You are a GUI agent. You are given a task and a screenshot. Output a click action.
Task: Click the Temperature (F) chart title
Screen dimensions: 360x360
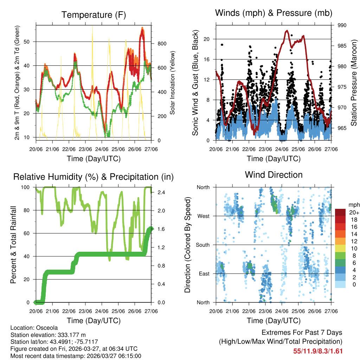click(x=94, y=15)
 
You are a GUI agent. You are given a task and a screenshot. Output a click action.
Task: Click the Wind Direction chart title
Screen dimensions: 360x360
click(x=274, y=175)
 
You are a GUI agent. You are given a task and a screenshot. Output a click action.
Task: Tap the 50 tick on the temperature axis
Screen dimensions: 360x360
click(x=31, y=41)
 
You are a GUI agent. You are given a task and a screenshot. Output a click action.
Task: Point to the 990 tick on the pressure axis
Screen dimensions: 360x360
click(x=342, y=25)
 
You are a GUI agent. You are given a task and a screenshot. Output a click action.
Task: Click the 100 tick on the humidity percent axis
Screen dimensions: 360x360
click(x=28, y=187)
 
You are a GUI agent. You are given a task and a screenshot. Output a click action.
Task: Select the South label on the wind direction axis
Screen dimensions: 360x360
click(x=202, y=245)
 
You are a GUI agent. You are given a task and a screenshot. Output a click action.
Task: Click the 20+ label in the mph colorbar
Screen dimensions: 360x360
click(x=353, y=212)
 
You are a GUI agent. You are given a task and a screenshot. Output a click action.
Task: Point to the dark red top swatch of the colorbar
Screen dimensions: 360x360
click(x=340, y=212)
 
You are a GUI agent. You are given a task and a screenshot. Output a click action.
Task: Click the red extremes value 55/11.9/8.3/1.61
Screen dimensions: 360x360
click(x=318, y=351)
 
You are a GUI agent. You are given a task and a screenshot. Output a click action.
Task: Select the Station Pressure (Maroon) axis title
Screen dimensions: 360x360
click(x=354, y=83)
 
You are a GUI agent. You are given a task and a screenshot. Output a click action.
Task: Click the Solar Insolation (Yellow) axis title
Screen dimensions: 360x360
click(x=173, y=83)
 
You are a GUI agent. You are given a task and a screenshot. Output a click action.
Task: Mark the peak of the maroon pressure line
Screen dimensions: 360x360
click(x=287, y=31)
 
